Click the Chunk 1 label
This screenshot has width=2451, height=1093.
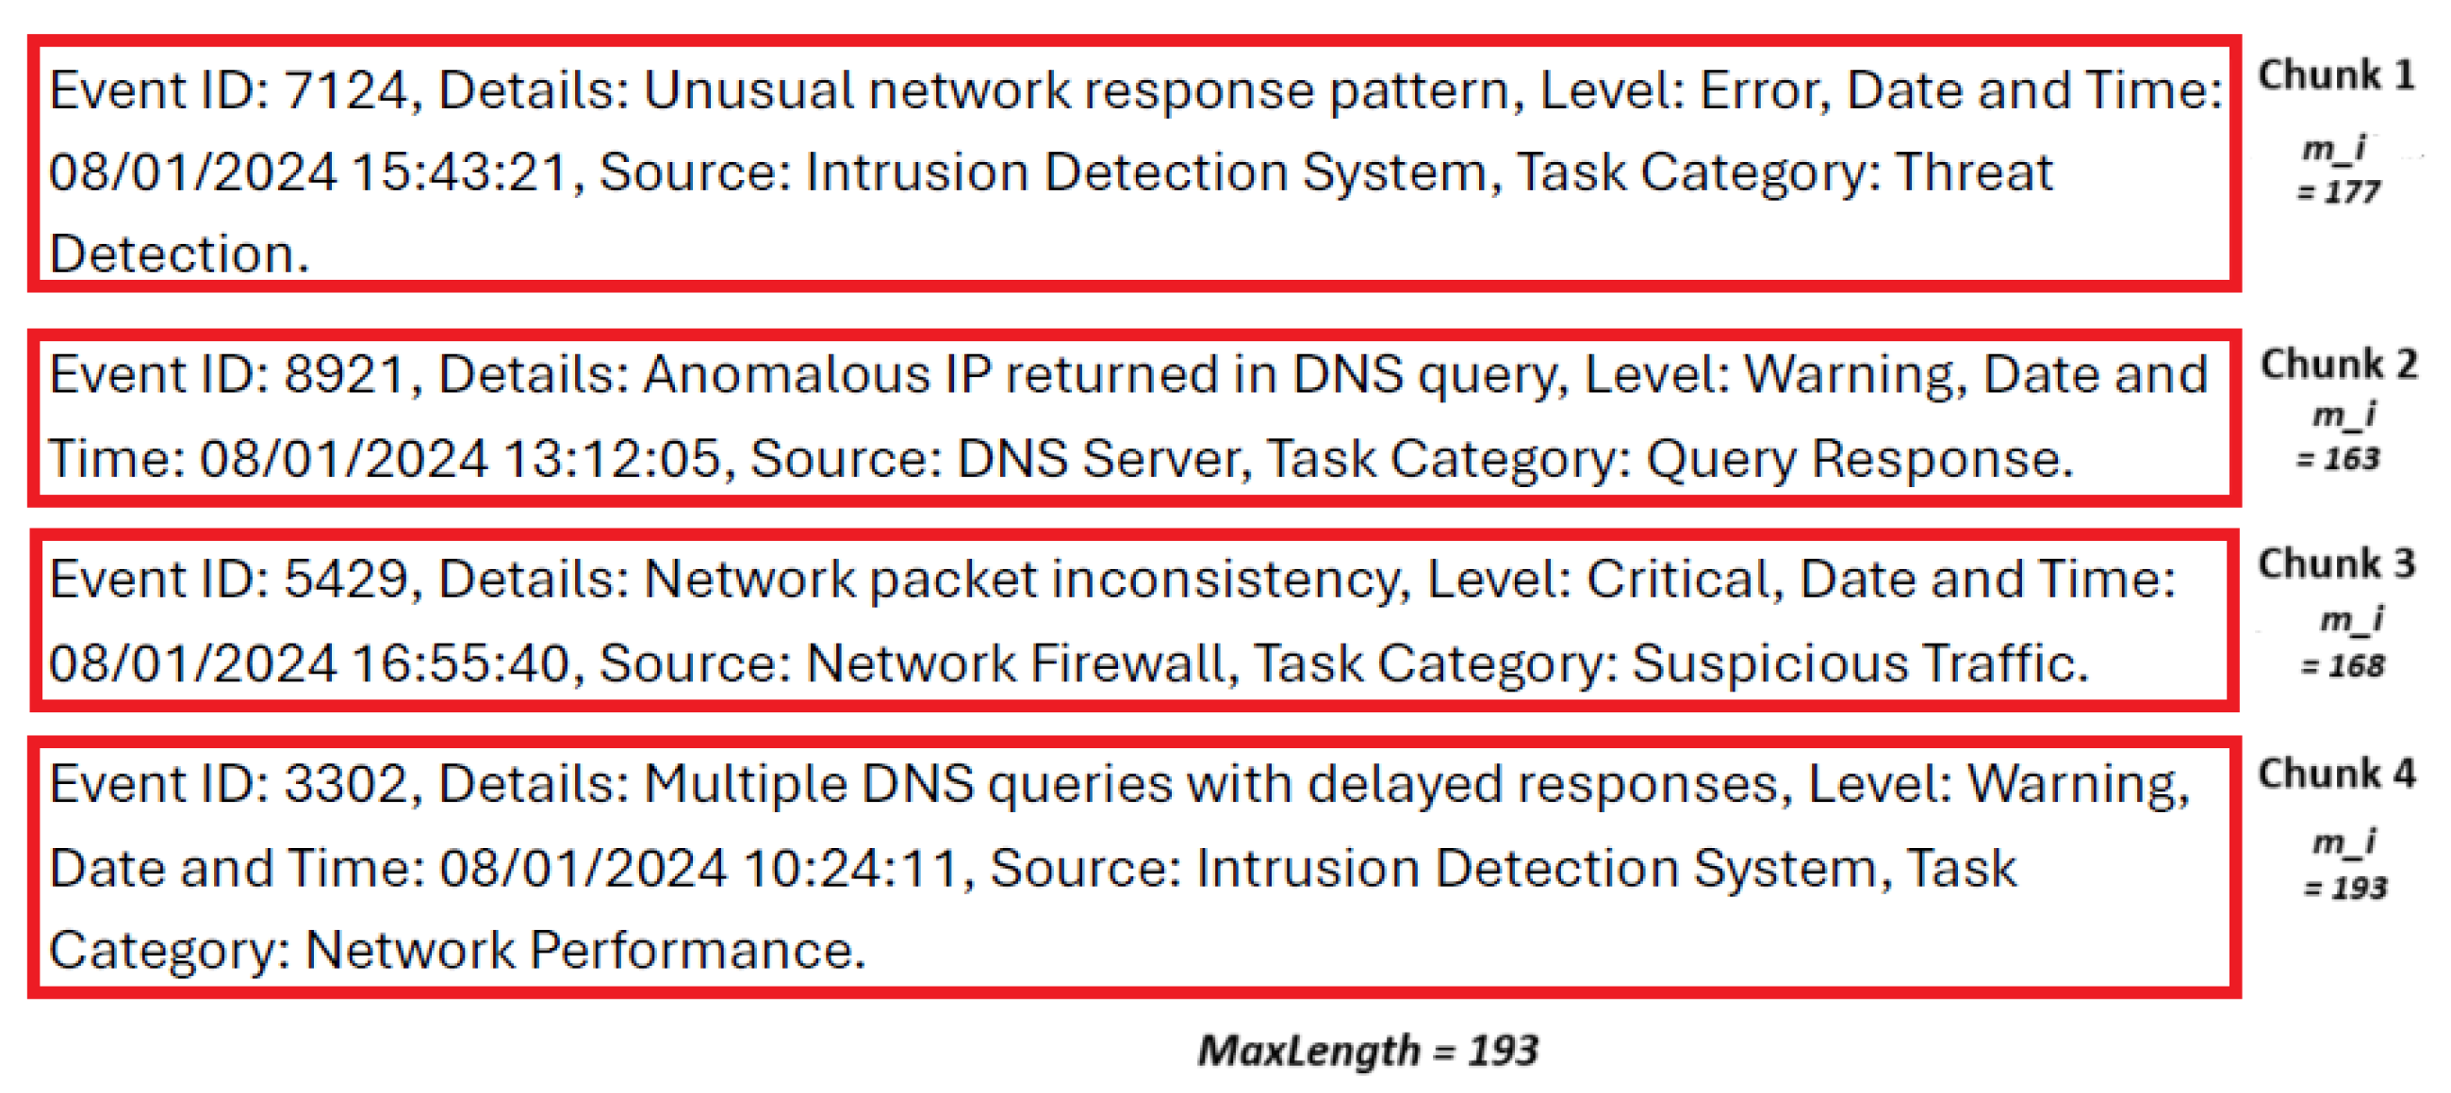(x=2336, y=75)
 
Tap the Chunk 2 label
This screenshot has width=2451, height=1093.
(x=2338, y=365)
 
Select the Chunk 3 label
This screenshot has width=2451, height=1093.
(x=2336, y=564)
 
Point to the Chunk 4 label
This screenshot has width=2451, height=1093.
(x=2336, y=775)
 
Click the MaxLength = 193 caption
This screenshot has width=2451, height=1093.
(x=1367, y=1052)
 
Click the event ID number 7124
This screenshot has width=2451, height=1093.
(x=345, y=91)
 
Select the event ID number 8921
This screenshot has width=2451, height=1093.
(x=345, y=375)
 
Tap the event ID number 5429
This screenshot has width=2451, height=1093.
(x=345, y=579)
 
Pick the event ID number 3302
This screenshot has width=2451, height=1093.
(x=345, y=785)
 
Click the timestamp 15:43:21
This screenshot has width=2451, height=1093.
(x=461, y=173)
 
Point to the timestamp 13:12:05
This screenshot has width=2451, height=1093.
(x=612, y=460)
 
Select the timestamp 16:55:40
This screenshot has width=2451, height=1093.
(x=461, y=664)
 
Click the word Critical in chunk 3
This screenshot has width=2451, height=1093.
(x=1677, y=579)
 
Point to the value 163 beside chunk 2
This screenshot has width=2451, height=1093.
(x=2350, y=461)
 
